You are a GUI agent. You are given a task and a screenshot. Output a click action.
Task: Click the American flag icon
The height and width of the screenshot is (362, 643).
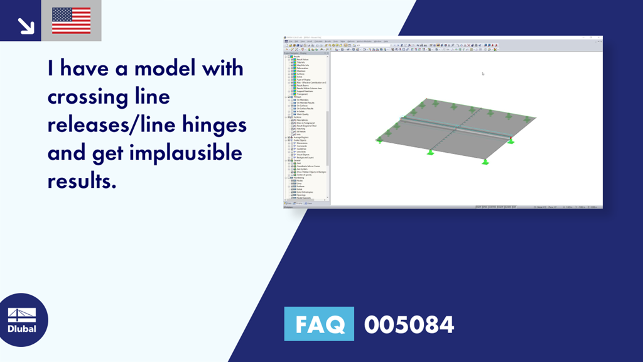(x=71, y=21)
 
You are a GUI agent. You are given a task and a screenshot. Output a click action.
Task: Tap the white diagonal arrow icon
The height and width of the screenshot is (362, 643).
(x=25, y=25)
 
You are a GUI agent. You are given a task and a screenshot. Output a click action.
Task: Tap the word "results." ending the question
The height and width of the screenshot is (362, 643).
(x=82, y=181)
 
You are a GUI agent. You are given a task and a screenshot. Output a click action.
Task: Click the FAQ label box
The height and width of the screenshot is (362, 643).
(x=319, y=324)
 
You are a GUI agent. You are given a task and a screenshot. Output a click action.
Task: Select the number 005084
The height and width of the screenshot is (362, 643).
(x=409, y=324)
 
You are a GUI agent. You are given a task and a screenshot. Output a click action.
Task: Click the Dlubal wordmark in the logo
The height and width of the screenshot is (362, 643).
(x=21, y=329)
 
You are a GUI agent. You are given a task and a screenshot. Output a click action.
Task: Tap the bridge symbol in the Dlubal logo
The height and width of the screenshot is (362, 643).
(x=21, y=314)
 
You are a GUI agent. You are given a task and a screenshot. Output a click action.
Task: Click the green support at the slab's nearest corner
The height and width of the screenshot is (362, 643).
(x=485, y=162)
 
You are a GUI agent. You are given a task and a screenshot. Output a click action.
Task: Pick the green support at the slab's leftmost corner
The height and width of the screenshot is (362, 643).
(x=379, y=140)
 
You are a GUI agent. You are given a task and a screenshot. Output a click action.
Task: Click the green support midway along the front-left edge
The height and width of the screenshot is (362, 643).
(x=431, y=151)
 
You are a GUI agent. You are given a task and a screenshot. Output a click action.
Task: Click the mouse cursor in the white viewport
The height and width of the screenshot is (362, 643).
(x=483, y=74)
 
